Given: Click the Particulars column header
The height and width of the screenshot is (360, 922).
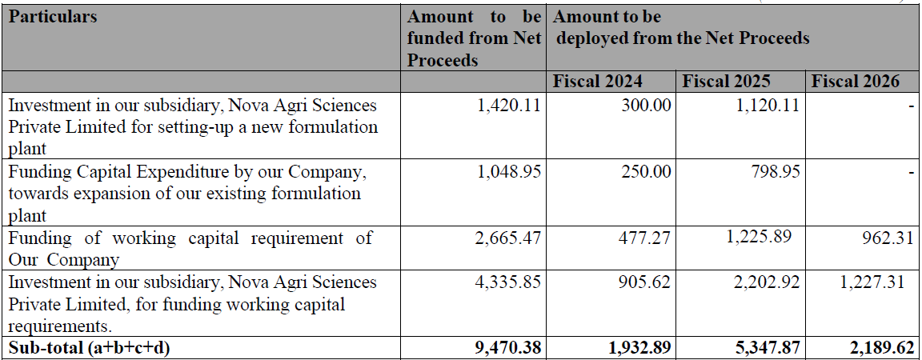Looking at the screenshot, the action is coord(52,17).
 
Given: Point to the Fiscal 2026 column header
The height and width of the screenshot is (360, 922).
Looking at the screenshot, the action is coord(856,81).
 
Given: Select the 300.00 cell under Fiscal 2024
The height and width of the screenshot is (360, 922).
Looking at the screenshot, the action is coord(646,106).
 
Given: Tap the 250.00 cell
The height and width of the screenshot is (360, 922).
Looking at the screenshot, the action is coord(646,172).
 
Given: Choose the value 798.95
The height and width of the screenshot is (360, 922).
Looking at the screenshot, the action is coord(775,172).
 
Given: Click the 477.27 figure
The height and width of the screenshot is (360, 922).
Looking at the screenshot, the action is coord(646,238).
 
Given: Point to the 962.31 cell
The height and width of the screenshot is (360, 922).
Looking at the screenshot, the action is coord(890,238).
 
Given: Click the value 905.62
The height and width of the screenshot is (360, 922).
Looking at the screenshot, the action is coord(646,282).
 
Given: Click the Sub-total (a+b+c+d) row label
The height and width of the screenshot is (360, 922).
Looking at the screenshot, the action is coord(90,348).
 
